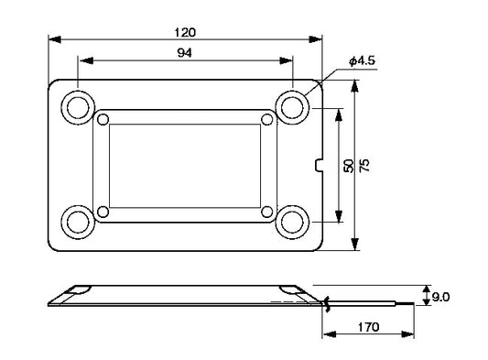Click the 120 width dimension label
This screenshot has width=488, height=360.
pyautogui.click(x=185, y=32)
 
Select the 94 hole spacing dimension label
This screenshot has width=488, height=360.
pyautogui.click(x=185, y=53)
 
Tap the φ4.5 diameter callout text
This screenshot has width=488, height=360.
pyautogui.click(x=363, y=60)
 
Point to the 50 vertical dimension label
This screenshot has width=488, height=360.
pyautogui.click(x=348, y=166)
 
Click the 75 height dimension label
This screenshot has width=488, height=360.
pyautogui.click(x=364, y=165)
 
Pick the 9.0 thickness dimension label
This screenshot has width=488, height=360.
pyautogui.click(x=440, y=298)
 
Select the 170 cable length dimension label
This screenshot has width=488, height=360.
pyautogui.click(x=368, y=327)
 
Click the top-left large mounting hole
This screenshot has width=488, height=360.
pyautogui.click(x=78, y=108)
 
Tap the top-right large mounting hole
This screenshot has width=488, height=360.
pyautogui.click(x=292, y=108)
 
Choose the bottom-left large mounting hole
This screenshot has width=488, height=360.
pyautogui.click(x=78, y=222)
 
